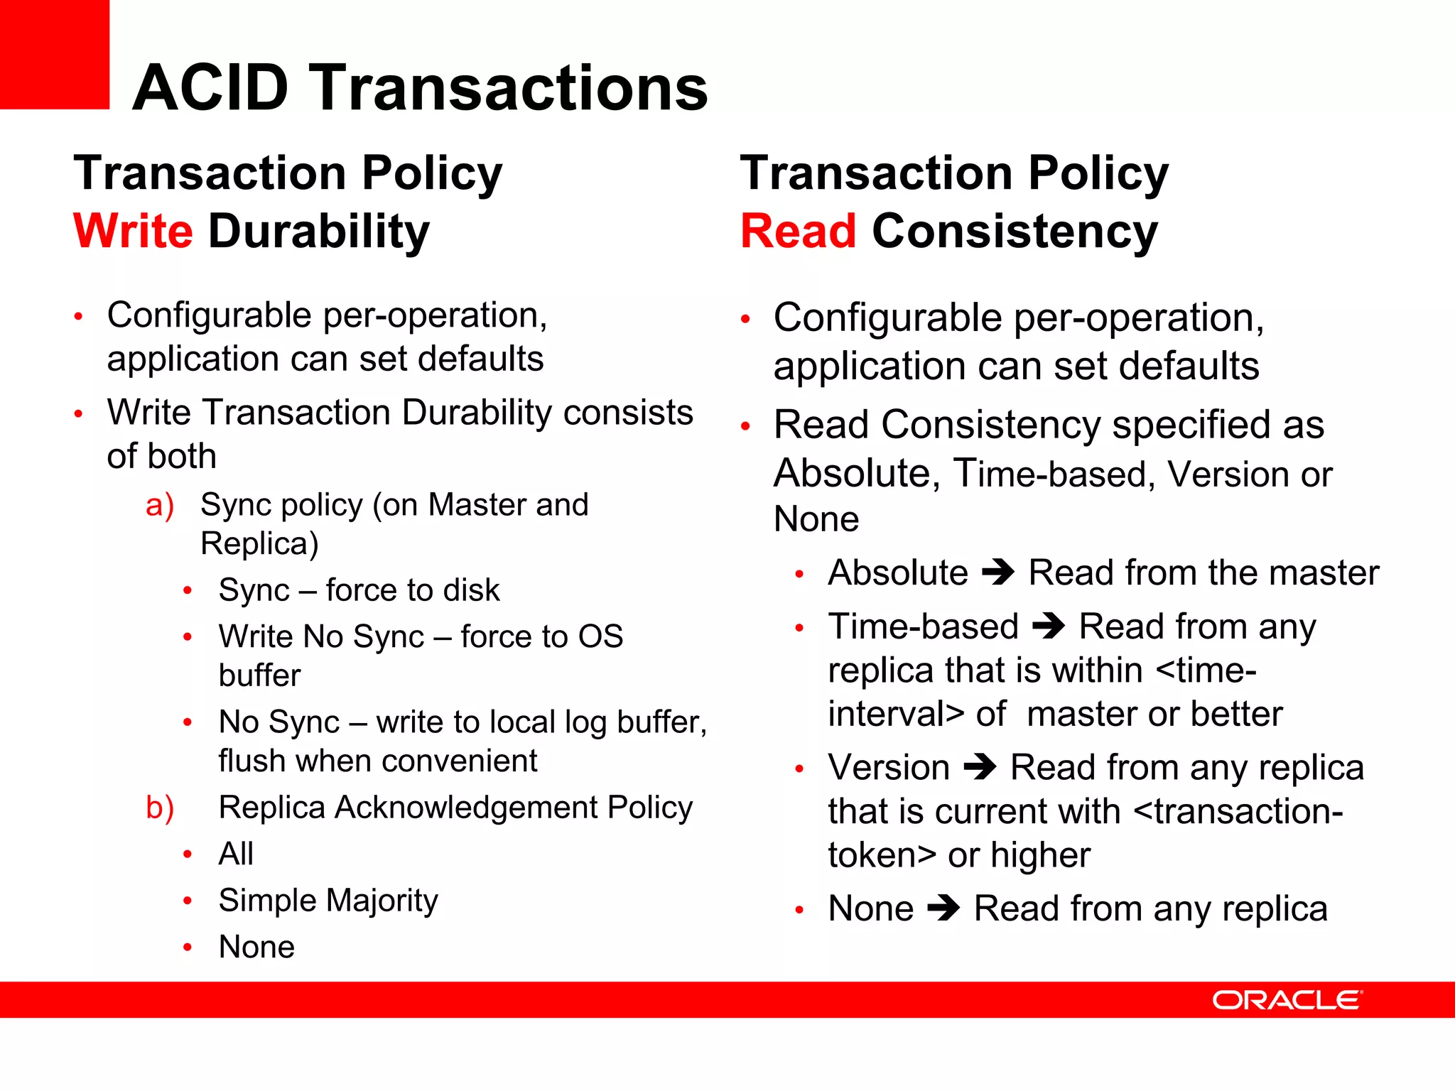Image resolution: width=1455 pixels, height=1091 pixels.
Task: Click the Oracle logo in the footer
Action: pos(1287,1000)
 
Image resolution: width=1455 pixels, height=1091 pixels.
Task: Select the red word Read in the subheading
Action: pos(798,232)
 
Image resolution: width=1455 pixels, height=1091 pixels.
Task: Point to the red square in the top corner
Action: pos(54,54)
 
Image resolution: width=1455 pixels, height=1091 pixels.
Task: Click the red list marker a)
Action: pos(160,506)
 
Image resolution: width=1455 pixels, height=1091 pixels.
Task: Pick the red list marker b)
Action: pos(160,808)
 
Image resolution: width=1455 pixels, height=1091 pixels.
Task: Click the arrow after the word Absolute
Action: pos(998,572)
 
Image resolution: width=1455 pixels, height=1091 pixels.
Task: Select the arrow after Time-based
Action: pos(1049,626)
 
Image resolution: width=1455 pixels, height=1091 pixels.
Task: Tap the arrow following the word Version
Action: pos(980,767)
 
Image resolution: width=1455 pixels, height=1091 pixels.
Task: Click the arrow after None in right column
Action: pos(943,908)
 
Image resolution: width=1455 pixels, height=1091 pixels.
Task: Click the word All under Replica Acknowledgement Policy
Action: pos(236,854)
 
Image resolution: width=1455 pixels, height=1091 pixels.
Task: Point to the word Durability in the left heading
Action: pos(319,232)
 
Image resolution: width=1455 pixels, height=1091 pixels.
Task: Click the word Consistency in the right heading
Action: pos(1015,232)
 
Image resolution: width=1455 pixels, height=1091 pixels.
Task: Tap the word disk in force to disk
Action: pos(471,590)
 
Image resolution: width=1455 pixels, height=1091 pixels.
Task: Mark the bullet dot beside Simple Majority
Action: pos(188,901)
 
